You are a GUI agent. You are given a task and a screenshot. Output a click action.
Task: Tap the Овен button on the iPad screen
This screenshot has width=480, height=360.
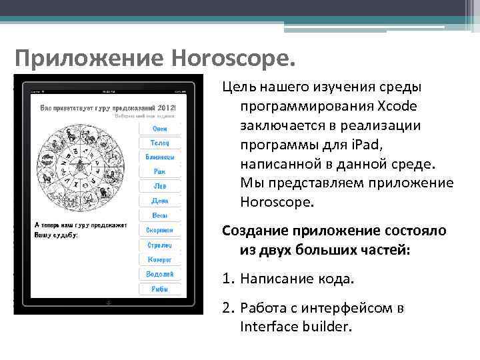[160, 128]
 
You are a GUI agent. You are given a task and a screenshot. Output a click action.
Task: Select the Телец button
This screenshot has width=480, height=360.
[160, 143]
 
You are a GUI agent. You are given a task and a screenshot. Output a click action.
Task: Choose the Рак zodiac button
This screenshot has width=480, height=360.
[160, 171]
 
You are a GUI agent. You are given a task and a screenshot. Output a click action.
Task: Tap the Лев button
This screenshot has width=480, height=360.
[160, 186]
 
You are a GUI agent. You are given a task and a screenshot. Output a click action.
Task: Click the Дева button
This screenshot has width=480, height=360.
[160, 201]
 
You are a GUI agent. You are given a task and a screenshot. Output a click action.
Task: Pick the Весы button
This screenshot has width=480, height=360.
[160, 215]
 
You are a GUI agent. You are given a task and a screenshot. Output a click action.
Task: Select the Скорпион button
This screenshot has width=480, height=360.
[160, 230]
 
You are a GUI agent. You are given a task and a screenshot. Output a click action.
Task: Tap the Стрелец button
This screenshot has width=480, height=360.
[160, 245]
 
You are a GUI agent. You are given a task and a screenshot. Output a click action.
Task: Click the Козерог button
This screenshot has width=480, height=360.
[160, 259]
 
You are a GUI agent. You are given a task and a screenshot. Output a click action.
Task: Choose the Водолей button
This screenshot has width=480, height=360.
[160, 274]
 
